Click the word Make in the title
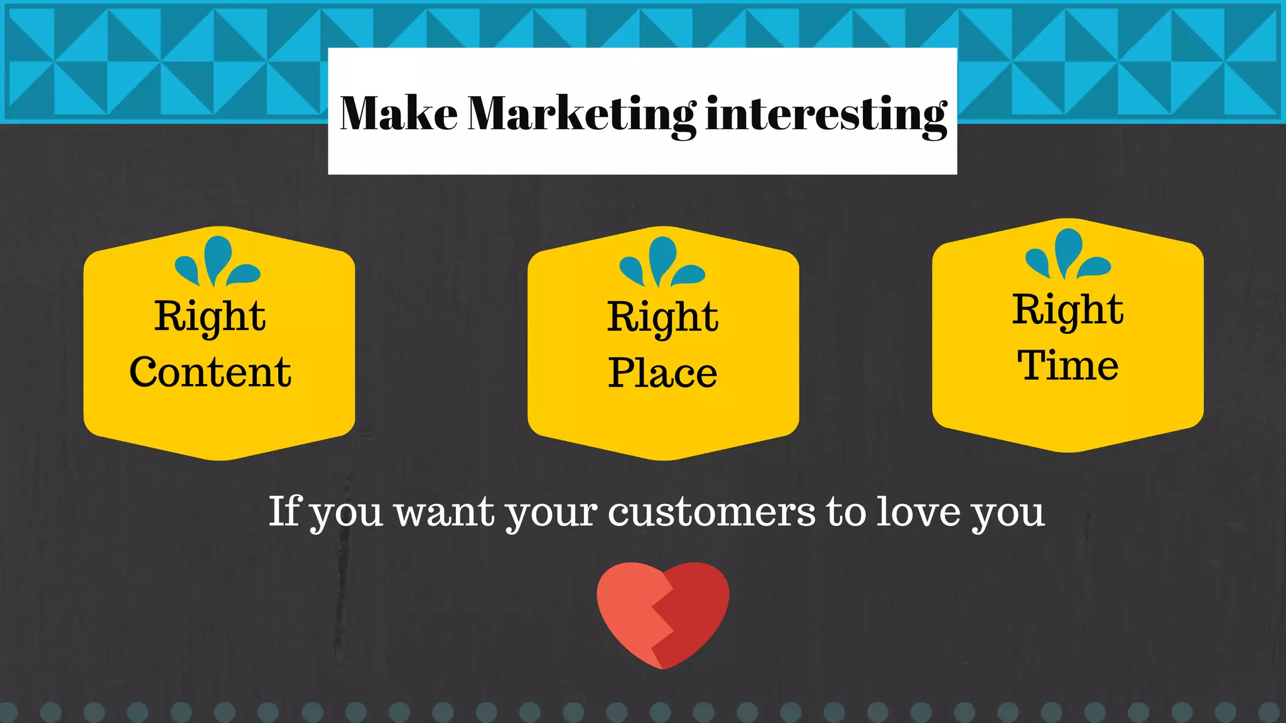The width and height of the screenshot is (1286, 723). [399, 114]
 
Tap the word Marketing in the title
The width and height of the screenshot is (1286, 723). [581, 115]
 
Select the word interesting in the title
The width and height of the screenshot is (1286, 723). [826, 115]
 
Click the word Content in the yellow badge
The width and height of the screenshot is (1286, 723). [210, 372]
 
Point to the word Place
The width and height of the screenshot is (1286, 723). [662, 373]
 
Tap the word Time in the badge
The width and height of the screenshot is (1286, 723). [1067, 365]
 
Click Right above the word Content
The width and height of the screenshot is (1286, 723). [210, 316]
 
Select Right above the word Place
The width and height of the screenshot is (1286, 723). [662, 318]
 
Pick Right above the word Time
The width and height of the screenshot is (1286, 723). [1067, 310]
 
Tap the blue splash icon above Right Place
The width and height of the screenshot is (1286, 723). [662, 262]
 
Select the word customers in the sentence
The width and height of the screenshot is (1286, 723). [711, 511]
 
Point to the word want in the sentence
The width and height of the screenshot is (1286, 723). [445, 513]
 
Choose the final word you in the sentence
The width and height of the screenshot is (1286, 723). [1008, 515]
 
